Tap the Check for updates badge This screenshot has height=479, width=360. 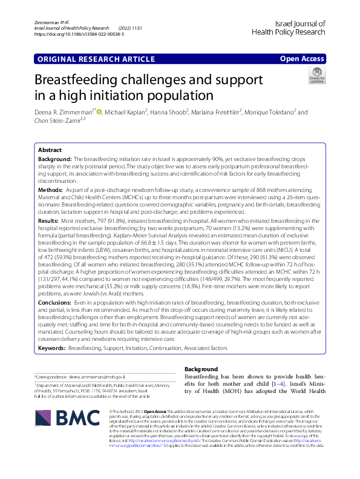[317, 75]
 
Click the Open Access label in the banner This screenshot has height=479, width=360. [303, 59]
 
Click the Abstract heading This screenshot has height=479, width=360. [50, 150]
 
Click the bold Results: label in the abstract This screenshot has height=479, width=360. [49, 223]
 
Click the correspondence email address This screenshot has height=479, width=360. [96, 377]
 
